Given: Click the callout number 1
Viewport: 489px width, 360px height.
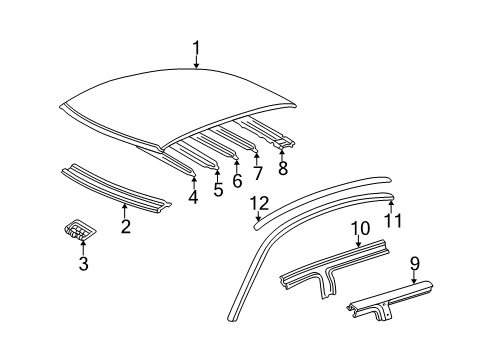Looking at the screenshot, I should (197, 47).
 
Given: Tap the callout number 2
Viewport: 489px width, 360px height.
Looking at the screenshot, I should (125, 226).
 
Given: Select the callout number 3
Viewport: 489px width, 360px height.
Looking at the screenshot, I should (84, 264).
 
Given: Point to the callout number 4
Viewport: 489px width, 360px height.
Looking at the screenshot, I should (193, 198).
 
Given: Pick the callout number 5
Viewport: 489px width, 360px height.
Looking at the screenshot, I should (218, 190).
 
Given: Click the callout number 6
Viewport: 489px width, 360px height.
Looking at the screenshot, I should (237, 181).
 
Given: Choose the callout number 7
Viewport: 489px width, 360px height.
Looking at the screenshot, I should (257, 174).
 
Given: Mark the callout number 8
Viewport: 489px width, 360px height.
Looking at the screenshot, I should (283, 169).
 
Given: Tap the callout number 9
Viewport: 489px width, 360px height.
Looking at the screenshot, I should (414, 264).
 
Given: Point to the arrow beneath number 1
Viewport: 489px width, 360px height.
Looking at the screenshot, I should (197, 64).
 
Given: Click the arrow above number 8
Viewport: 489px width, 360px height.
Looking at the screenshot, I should (283, 153).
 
